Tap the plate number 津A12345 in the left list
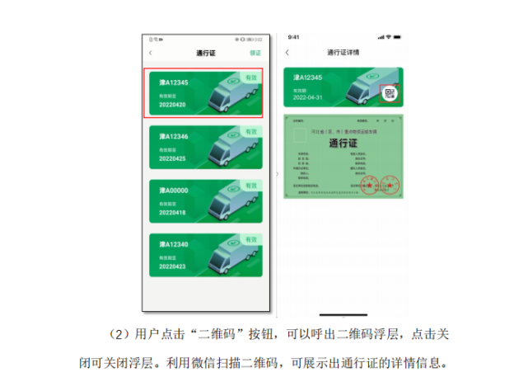[x=174, y=82]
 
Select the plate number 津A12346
[x=174, y=136]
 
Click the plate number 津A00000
[x=174, y=191]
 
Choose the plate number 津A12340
[x=174, y=244]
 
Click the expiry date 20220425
[x=172, y=158]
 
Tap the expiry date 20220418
[x=172, y=213]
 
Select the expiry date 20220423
[x=172, y=267]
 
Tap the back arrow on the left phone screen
[x=150, y=54]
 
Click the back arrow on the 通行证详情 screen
[x=287, y=53]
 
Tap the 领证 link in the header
[x=255, y=54]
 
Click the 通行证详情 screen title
[x=342, y=53]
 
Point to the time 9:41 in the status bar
[x=294, y=37]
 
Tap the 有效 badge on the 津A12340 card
[x=251, y=239]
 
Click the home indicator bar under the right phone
[x=343, y=314]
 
